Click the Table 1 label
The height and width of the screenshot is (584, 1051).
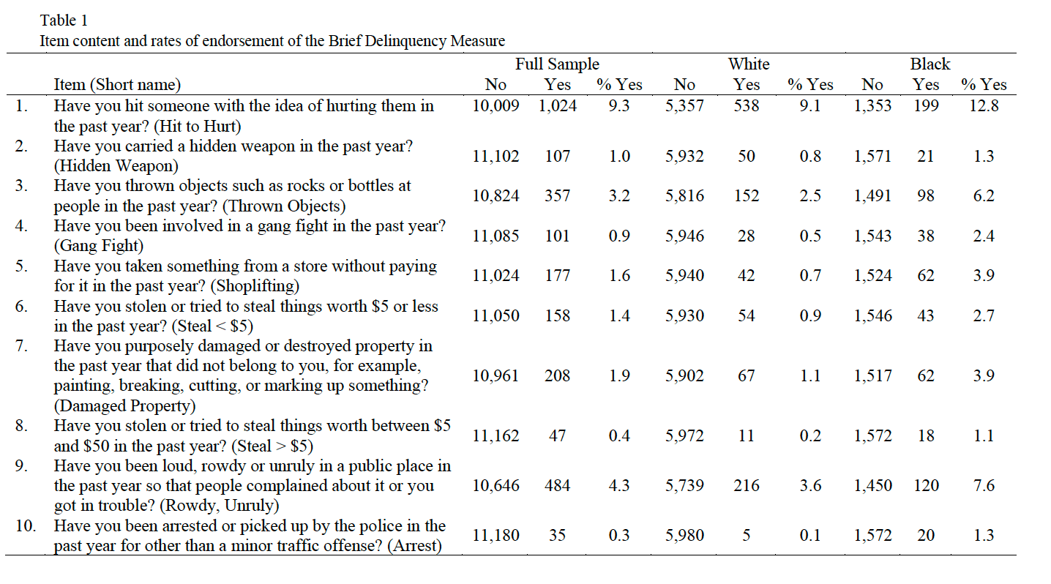(64, 20)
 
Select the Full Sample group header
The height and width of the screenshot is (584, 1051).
(557, 64)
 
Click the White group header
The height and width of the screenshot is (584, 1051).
(749, 64)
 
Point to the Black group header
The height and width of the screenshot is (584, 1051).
(930, 64)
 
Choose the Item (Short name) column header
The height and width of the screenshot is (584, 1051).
(117, 85)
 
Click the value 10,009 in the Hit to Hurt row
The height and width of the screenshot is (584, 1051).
(495, 106)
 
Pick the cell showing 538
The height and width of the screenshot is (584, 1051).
(746, 105)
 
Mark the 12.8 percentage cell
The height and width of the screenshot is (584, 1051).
(984, 105)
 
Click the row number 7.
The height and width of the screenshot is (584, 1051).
(20, 346)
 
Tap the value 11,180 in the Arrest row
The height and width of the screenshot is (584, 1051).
(495, 536)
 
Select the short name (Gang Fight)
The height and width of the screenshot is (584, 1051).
(99, 246)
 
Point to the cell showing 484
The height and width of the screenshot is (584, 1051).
(557, 485)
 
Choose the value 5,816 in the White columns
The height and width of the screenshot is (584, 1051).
(684, 196)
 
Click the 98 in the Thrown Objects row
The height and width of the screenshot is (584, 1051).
(926, 196)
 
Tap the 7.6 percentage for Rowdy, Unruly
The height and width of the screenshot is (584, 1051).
(984, 485)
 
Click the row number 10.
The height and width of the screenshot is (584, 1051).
(26, 526)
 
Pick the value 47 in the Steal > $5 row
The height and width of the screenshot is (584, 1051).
(557, 435)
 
